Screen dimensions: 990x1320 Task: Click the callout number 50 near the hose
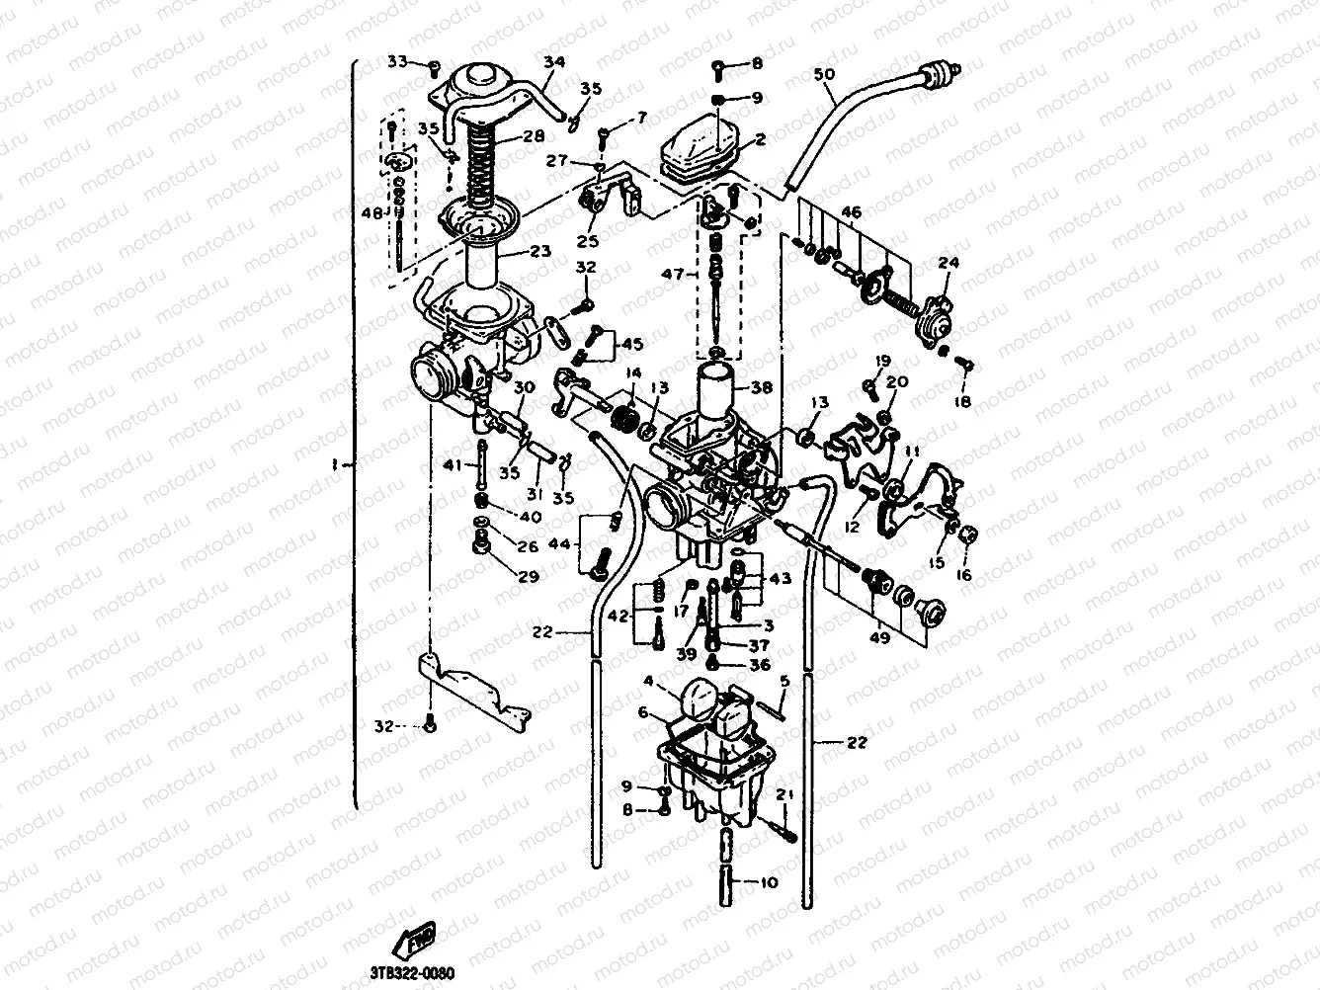(x=825, y=73)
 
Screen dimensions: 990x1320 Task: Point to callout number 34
(x=554, y=62)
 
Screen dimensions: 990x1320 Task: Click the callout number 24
(x=949, y=263)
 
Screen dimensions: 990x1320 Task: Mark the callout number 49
(x=878, y=637)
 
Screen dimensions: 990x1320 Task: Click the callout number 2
(x=760, y=140)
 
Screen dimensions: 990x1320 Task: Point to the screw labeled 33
(x=433, y=65)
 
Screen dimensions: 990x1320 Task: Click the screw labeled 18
(x=966, y=366)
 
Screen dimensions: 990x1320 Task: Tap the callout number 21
(x=784, y=795)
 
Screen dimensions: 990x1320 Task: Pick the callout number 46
(x=851, y=211)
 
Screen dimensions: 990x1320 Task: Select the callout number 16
(x=962, y=574)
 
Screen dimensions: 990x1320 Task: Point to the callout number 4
(x=648, y=681)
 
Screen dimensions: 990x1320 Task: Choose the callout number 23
(x=539, y=251)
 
